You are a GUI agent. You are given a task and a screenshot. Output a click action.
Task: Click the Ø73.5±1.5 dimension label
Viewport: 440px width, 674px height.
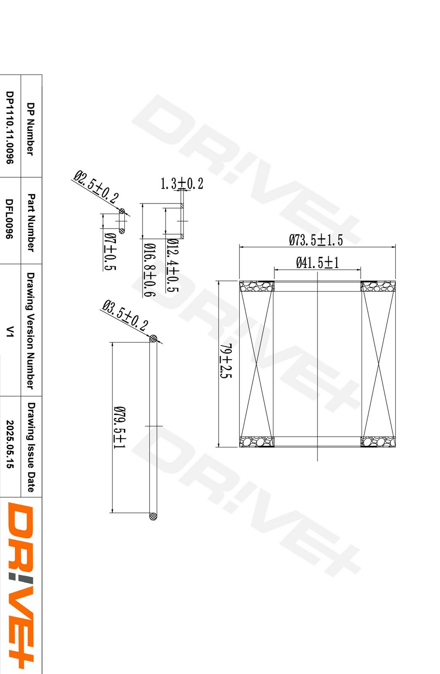(x=316, y=241)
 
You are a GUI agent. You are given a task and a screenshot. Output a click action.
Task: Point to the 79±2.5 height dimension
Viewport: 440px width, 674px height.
(x=226, y=361)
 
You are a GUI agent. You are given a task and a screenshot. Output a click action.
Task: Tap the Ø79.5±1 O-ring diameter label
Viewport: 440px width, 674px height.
(x=119, y=427)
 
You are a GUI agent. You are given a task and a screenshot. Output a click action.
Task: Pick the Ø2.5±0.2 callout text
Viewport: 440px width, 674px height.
(x=96, y=187)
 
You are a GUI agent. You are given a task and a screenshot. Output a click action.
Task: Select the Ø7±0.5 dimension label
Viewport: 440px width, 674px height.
(x=110, y=251)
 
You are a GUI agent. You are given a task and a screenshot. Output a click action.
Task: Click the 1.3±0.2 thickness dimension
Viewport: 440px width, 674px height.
(x=182, y=184)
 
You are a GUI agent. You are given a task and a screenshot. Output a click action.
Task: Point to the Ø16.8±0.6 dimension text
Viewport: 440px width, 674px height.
(x=149, y=270)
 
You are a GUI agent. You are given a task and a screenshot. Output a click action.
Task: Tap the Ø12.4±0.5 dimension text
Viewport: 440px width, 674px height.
(x=172, y=265)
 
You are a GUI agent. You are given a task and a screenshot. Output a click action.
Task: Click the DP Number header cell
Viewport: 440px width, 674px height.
(x=30, y=129)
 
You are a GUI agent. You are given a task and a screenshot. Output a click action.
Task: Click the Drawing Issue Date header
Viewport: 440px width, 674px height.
(x=31, y=447)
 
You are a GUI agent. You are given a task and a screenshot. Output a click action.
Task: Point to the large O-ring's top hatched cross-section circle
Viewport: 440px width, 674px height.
(x=153, y=338)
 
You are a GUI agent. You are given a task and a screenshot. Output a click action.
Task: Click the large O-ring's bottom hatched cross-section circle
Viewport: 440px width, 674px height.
(x=153, y=516)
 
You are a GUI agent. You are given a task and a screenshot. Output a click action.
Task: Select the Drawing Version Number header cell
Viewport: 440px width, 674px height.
(x=30, y=330)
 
